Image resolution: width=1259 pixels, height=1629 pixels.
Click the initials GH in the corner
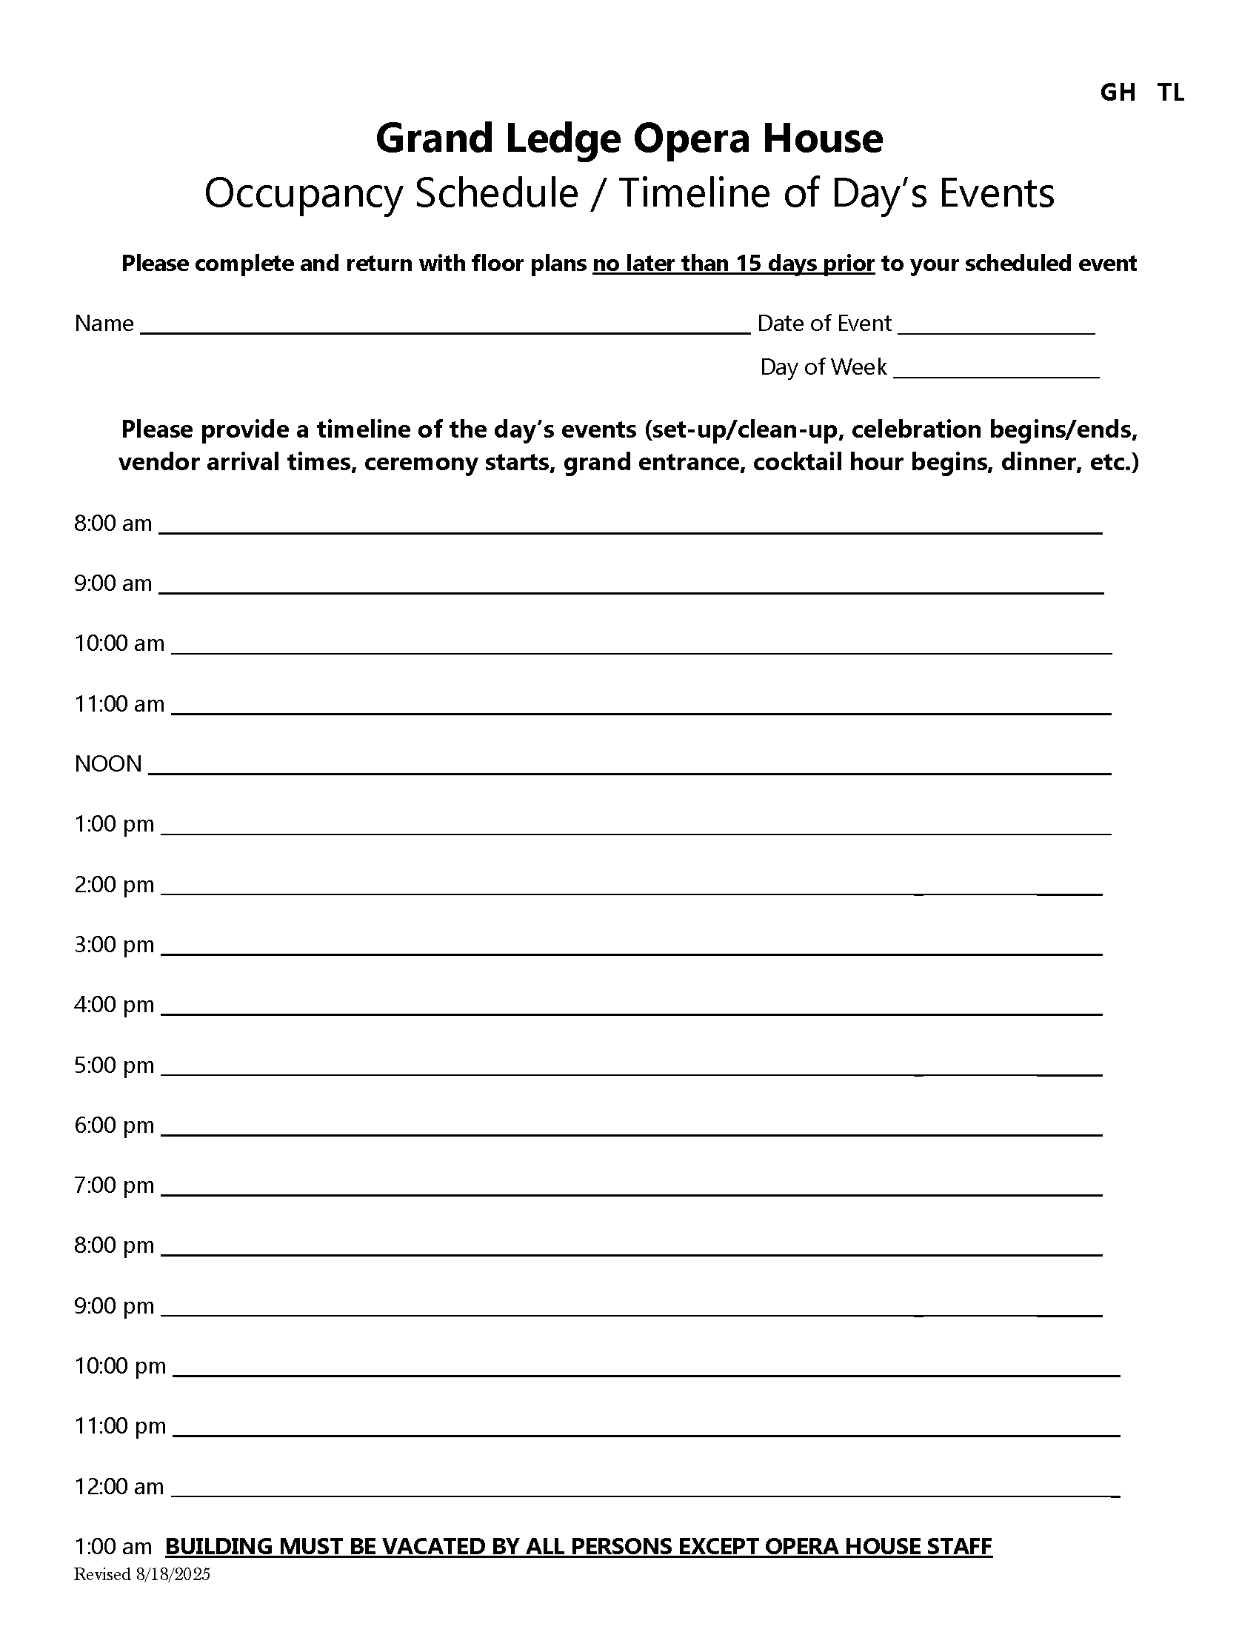click(1118, 93)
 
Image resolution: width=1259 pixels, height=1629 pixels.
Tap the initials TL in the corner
click(1171, 93)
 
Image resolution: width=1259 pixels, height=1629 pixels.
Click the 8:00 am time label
click(113, 524)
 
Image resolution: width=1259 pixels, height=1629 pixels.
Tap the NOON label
click(108, 764)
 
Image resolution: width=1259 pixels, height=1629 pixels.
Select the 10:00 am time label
click(119, 643)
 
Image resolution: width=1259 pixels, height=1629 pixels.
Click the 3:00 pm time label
click(114, 945)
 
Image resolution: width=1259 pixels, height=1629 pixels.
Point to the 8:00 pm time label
click(114, 1245)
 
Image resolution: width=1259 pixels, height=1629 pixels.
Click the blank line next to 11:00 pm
click(646, 1434)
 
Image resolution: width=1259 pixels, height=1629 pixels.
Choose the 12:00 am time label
click(119, 1487)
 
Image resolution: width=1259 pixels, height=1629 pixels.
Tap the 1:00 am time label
click(113, 1547)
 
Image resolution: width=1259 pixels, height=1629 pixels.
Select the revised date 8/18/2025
click(173, 1574)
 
